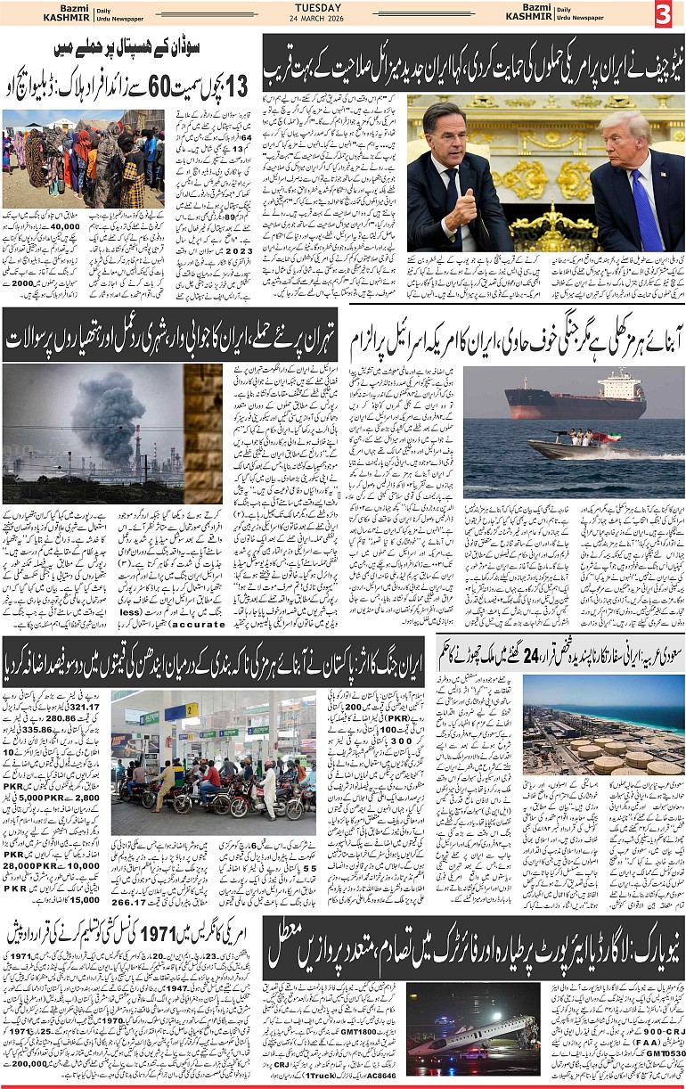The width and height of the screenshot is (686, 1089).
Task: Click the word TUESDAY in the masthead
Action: pos(319,8)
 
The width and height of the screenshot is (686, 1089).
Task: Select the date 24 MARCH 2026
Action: pos(319,20)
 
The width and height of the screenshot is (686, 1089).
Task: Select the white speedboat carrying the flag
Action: pos(570,446)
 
